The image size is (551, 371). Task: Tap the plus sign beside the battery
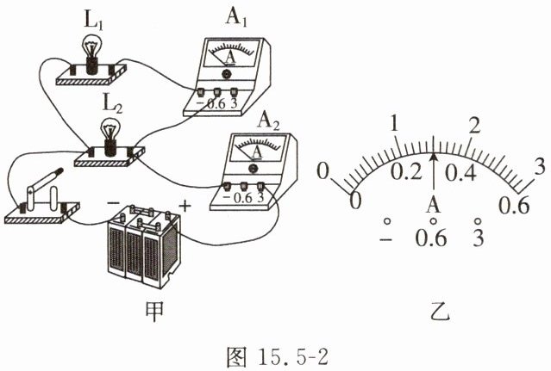point(184,207)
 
